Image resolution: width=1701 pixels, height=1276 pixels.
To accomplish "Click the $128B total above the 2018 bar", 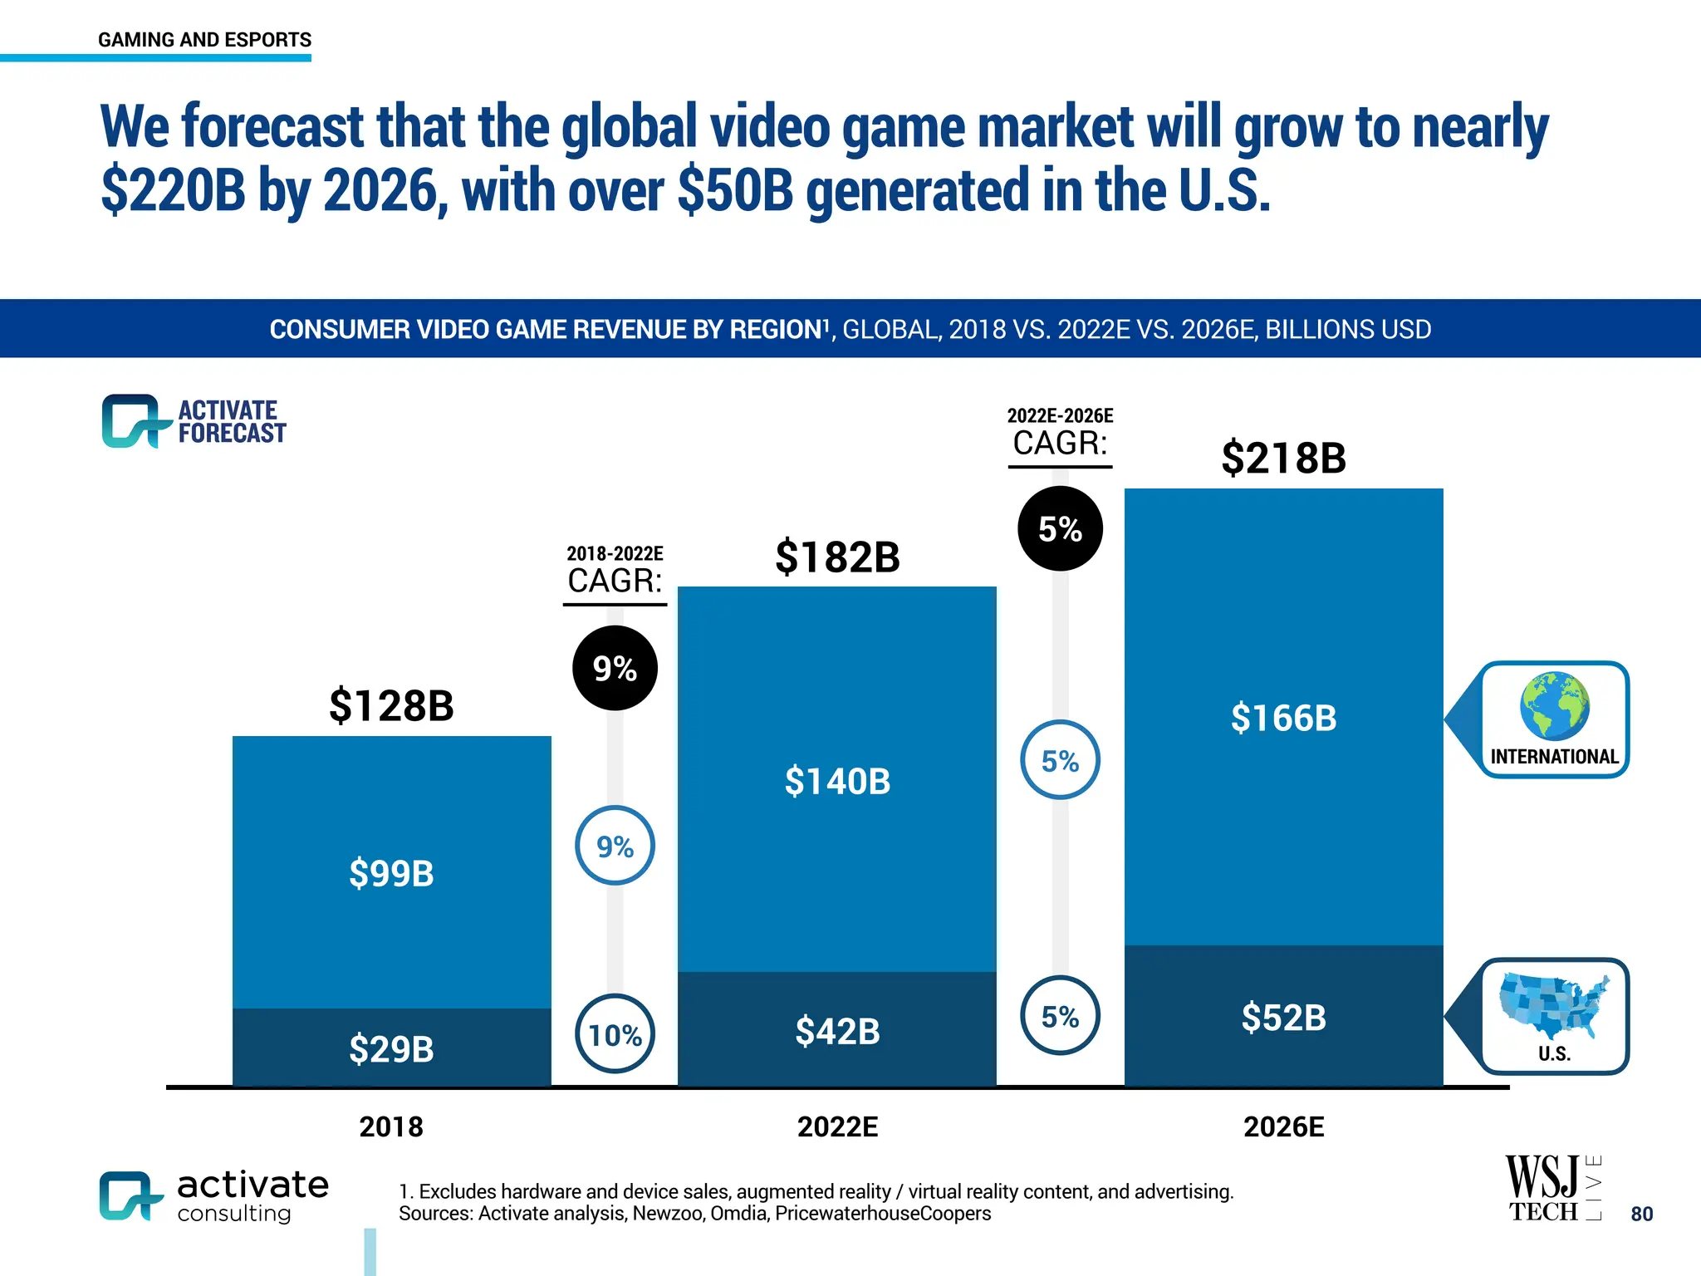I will (x=391, y=706).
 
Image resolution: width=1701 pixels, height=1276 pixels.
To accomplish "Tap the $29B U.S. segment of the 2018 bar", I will (x=391, y=1048).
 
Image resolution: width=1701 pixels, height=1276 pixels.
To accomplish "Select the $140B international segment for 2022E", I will (x=837, y=781).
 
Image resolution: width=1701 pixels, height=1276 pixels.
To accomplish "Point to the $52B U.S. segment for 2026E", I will (x=1283, y=1018).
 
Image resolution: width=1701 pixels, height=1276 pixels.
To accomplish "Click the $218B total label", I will (x=1283, y=458).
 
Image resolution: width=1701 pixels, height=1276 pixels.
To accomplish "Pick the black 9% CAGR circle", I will (x=615, y=668).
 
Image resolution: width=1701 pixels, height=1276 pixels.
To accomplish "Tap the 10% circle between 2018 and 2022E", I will (x=615, y=1034).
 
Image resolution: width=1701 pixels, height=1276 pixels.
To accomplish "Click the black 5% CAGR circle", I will (x=1060, y=528).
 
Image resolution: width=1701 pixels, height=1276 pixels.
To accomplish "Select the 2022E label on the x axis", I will (x=837, y=1127).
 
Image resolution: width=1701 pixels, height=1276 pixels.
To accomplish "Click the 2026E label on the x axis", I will (x=1283, y=1127).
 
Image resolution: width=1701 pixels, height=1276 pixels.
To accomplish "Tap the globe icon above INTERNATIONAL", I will (x=1554, y=705).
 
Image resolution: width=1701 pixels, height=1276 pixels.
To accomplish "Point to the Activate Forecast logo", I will (x=194, y=421).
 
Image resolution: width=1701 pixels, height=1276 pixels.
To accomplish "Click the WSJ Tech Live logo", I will (x=1551, y=1188).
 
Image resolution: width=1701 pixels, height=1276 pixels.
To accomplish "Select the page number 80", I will (x=1641, y=1214).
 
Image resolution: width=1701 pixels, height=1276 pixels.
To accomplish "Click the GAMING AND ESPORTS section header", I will (x=204, y=40).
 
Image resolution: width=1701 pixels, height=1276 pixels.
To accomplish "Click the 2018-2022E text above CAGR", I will (x=615, y=553).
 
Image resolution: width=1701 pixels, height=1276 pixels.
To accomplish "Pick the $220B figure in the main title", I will (x=173, y=190).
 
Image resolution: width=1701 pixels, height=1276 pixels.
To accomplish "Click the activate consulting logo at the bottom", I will (x=213, y=1196).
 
